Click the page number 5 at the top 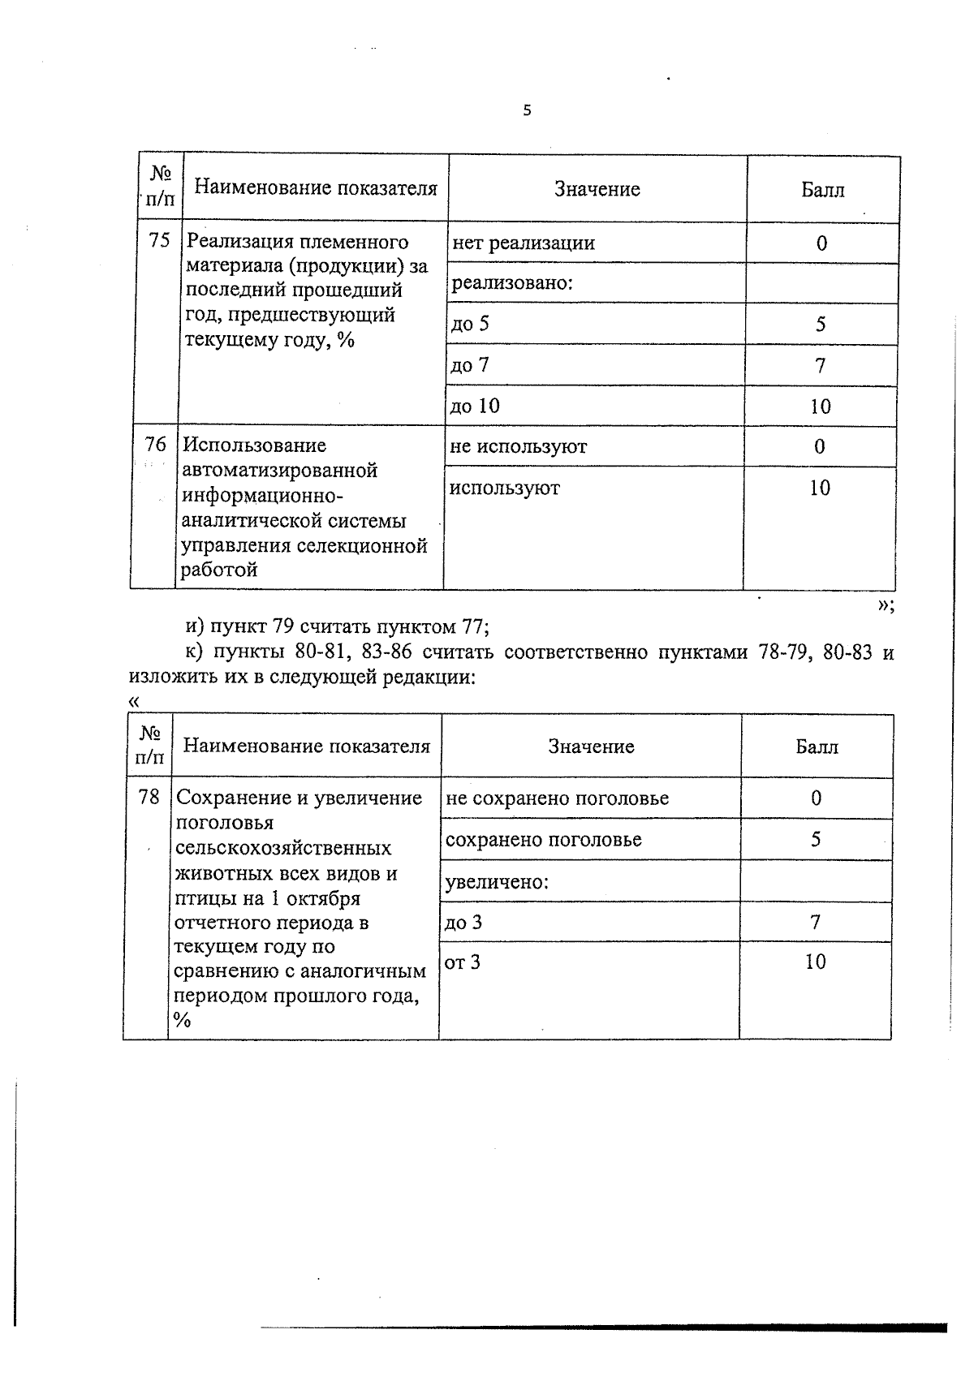click(x=527, y=111)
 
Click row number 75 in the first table click(x=159, y=240)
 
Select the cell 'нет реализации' click(x=524, y=243)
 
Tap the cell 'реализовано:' click(x=512, y=283)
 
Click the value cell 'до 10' click(x=476, y=406)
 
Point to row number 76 click(x=155, y=445)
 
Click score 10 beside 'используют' click(x=820, y=488)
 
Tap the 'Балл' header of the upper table click(x=823, y=190)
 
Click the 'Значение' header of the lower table click(x=591, y=747)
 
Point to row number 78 click(x=149, y=797)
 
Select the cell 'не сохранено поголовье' click(x=558, y=798)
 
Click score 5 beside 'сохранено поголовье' click(x=816, y=839)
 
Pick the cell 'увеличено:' click(x=498, y=881)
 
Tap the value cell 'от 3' click(x=463, y=962)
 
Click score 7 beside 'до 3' click(x=816, y=922)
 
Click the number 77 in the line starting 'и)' click(x=473, y=626)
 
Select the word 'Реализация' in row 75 click(x=235, y=242)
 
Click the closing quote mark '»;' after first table click(x=886, y=606)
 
